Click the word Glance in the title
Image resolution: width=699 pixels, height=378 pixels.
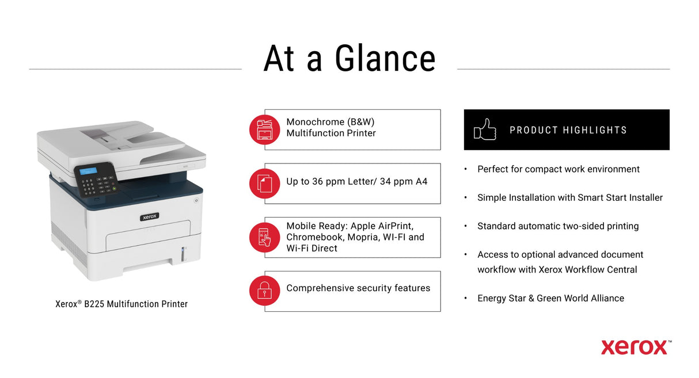[x=385, y=59]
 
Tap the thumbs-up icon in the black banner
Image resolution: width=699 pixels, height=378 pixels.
[x=485, y=129]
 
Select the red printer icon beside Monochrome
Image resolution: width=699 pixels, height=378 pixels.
[x=264, y=129]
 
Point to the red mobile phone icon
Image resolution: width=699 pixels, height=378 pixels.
[x=264, y=237]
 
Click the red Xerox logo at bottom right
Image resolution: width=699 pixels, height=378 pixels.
[x=635, y=347]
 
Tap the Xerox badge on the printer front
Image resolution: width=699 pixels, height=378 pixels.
[x=149, y=217]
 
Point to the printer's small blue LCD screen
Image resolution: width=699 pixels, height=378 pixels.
[x=88, y=171]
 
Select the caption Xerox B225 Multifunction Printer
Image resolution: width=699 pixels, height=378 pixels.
[x=121, y=304]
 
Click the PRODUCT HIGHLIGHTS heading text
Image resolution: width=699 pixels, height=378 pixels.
[x=568, y=130]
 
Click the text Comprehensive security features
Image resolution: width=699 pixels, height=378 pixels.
[x=358, y=288]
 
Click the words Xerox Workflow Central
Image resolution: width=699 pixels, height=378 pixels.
[x=588, y=269]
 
